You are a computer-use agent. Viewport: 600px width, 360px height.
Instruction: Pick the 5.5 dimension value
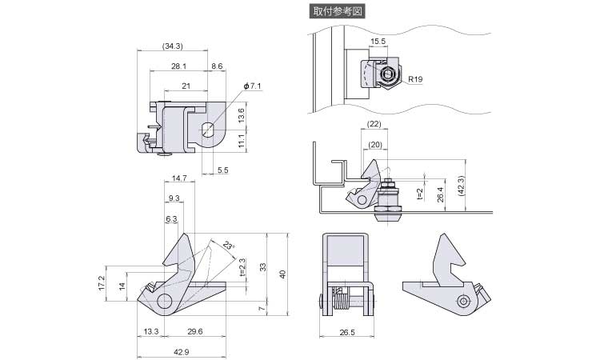[x=222, y=170]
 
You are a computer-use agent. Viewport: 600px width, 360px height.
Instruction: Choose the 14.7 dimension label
[x=179, y=178]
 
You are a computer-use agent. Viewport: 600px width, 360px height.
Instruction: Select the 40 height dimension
[x=281, y=274]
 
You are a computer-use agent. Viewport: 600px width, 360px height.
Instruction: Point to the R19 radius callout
[x=414, y=79]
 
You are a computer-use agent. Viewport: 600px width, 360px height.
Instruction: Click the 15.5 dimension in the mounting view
[x=378, y=41]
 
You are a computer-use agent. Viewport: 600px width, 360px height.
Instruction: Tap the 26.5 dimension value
[x=346, y=330]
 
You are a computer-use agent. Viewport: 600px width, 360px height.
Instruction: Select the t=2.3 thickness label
[x=242, y=267]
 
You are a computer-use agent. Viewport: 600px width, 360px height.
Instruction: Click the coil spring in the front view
[x=342, y=302]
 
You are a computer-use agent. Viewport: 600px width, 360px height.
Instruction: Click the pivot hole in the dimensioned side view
[x=165, y=302]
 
